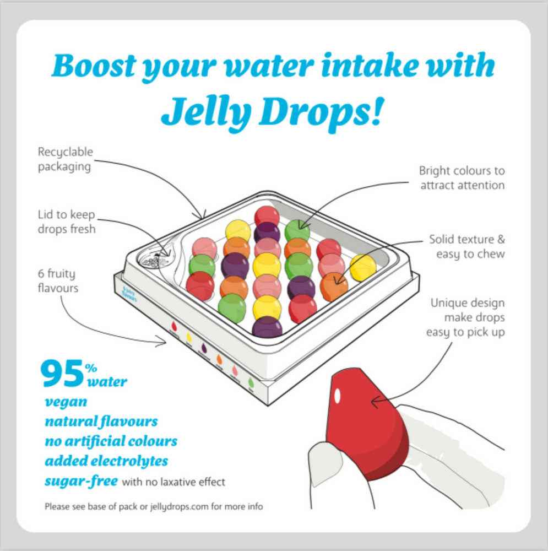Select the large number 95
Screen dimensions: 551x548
point(61,374)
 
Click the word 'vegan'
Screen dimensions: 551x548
point(66,402)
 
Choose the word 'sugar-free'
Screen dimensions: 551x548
point(81,481)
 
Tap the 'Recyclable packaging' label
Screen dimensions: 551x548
point(66,159)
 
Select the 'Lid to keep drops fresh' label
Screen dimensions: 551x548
point(67,221)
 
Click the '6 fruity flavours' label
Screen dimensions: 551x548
point(57,280)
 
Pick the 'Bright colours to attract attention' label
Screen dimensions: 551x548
point(462,178)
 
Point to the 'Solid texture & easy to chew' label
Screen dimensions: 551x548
point(467,246)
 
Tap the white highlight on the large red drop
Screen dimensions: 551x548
point(337,396)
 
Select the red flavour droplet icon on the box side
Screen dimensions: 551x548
point(175,326)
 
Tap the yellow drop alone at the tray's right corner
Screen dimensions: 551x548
point(363,267)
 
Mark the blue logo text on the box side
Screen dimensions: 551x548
point(130,293)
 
